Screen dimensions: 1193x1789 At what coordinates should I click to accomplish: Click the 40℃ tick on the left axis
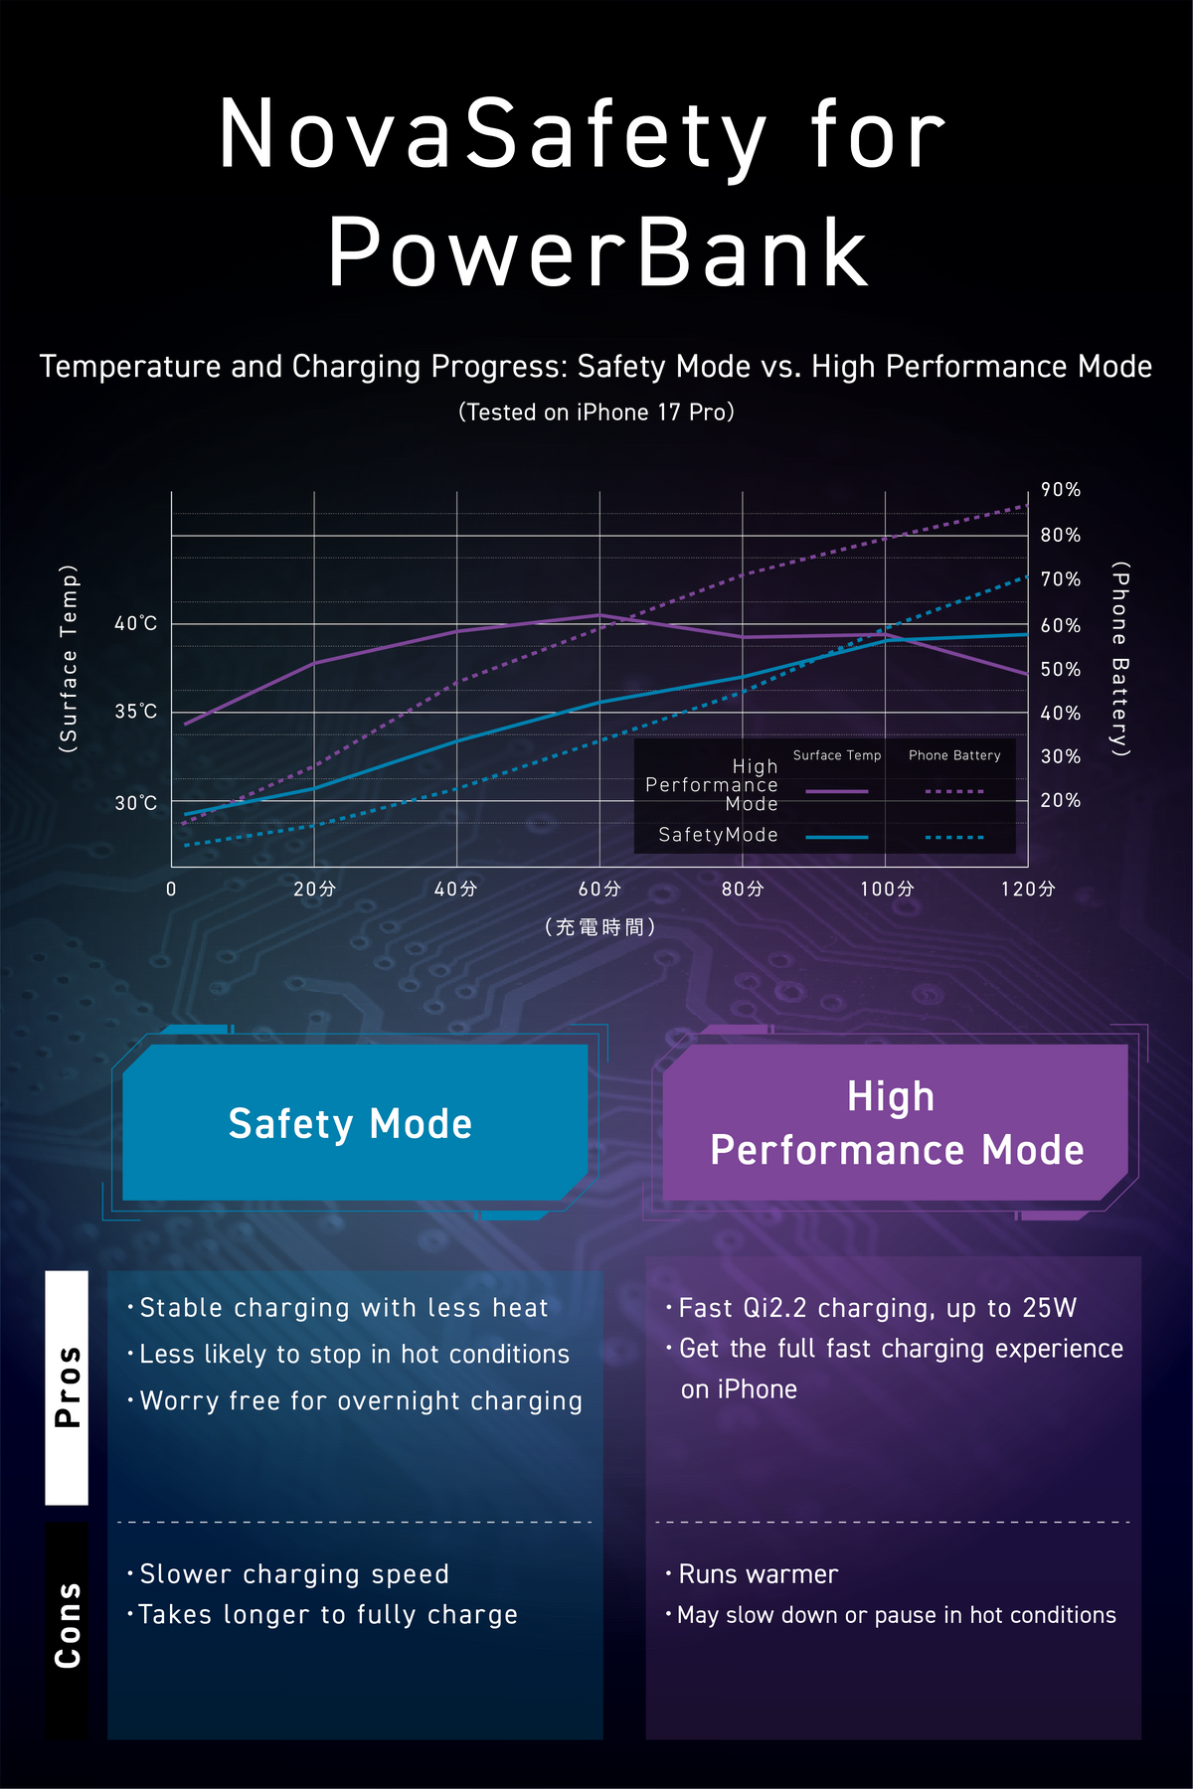135,623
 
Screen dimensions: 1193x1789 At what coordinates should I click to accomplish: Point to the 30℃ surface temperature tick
135,802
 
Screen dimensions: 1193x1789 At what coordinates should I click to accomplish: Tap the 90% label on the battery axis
1061,489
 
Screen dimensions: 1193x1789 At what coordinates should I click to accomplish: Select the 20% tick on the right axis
1061,800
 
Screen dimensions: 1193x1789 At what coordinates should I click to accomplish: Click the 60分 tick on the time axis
599,889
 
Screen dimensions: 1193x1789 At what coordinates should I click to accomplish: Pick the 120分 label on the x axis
1028,889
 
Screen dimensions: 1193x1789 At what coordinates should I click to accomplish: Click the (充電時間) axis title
599,927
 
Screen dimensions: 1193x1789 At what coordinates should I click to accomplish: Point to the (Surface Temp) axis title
69,659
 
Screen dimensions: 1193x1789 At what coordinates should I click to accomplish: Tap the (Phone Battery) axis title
1120,659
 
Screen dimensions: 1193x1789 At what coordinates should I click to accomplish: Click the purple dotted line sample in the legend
954,791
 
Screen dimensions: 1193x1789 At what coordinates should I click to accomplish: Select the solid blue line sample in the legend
836,837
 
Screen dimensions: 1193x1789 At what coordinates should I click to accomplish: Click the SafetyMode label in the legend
718,835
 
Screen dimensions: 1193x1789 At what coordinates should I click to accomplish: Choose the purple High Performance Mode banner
896,1122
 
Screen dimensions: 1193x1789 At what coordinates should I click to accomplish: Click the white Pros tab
67,1387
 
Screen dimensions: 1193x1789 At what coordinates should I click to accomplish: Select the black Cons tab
67,1629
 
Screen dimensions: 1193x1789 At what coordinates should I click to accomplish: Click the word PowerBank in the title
598,251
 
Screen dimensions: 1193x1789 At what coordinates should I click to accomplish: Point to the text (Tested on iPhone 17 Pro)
596,411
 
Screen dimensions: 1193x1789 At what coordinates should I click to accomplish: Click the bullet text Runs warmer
759,1574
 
